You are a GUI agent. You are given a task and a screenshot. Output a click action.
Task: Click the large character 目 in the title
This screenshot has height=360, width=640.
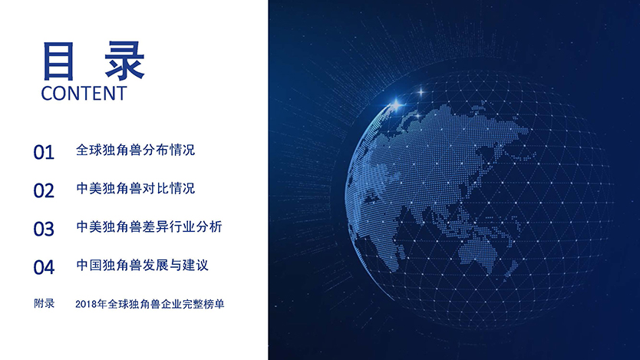point(58,61)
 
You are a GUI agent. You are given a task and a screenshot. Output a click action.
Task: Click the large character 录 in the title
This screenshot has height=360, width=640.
point(124,61)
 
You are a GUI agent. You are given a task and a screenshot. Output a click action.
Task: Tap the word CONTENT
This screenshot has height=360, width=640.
point(84,94)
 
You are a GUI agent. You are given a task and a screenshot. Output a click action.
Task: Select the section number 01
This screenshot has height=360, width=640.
point(44,152)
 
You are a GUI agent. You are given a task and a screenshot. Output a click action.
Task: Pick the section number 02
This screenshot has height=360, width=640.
point(44,190)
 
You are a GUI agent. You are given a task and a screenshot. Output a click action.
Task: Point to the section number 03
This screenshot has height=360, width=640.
point(44,229)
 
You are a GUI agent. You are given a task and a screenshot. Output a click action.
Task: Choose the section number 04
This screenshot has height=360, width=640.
point(44,267)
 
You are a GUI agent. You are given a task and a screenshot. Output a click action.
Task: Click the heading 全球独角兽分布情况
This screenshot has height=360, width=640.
point(135,150)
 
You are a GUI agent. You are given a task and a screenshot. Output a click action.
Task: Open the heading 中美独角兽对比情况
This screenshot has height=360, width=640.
point(135,188)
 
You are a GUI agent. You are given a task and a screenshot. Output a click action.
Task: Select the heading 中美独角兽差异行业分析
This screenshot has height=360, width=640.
point(149,226)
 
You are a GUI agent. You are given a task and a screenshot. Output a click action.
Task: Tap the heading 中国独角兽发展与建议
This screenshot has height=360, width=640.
point(142,265)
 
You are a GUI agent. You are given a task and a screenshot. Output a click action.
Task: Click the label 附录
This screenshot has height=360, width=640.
point(44,303)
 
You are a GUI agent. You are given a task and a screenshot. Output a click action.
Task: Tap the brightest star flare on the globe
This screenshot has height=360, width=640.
point(395,104)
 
